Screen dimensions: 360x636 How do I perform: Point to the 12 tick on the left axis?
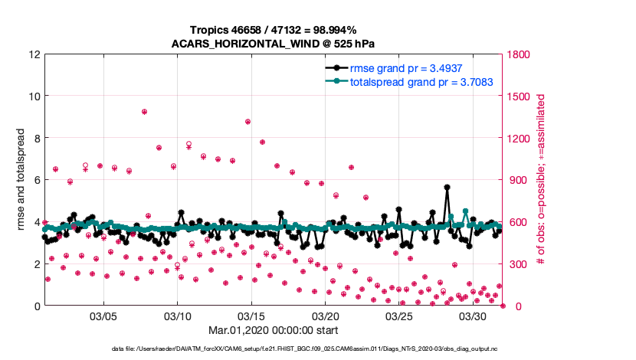[x=35, y=55]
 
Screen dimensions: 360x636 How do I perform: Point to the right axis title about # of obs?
[x=541, y=180]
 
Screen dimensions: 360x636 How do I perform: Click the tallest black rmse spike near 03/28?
[x=447, y=187]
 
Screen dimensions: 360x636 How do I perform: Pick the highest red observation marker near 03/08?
[x=144, y=112]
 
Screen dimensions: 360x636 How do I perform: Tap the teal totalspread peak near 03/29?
[x=465, y=211]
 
